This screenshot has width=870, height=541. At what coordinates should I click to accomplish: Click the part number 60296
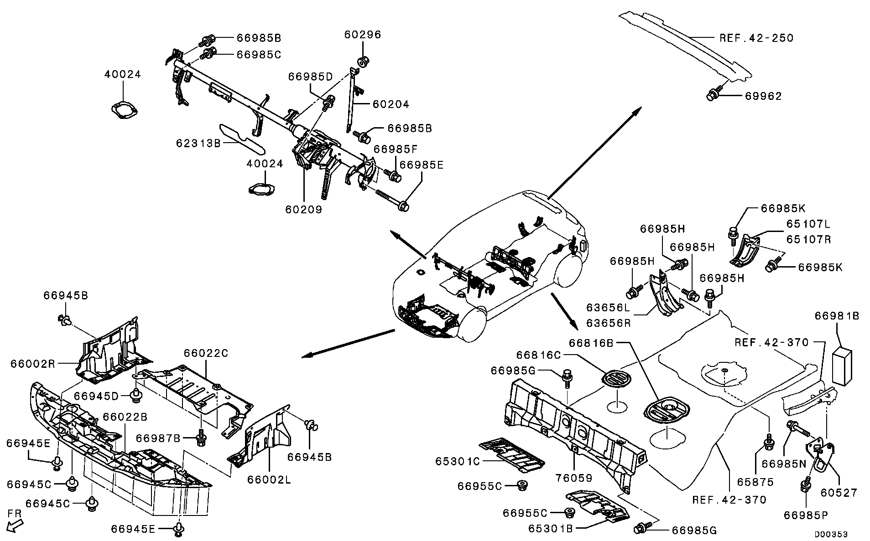click(363, 35)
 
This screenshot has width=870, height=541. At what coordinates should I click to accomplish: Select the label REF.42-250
click(756, 38)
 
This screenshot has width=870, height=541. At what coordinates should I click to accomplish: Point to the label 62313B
click(199, 143)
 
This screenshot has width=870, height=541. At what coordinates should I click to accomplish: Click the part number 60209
click(304, 210)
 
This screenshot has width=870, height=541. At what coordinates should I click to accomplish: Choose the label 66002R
click(33, 364)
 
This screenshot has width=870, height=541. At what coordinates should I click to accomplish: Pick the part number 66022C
click(206, 353)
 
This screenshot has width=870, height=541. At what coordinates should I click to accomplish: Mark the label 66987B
click(158, 438)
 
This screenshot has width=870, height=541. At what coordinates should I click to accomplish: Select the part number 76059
click(574, 478)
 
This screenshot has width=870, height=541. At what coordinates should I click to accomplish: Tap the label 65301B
click(551, 528)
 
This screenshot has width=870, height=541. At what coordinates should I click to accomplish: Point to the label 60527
click(839, 492)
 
